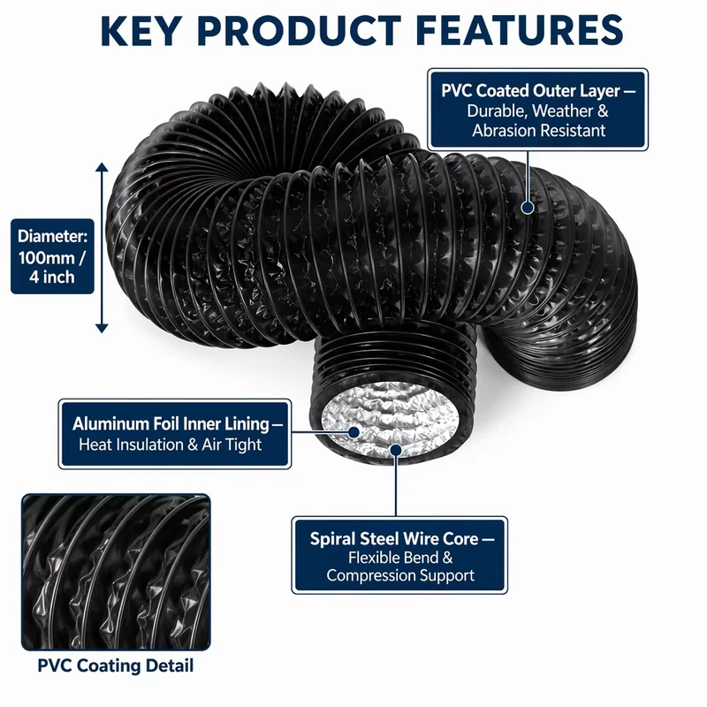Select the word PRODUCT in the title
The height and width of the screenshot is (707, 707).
coord(299,31)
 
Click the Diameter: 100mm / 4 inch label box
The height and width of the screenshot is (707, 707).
coord(52,256)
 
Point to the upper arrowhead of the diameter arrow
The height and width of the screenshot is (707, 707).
coord(102,167)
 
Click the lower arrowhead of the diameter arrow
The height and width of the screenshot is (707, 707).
coord(102,328)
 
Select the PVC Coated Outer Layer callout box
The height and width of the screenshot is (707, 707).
coord(537,110)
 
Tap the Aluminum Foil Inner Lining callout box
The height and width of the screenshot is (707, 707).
coord(175,434)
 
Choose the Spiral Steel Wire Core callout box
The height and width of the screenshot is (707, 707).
coord(399,555)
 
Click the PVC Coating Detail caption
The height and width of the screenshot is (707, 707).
coord(116,665)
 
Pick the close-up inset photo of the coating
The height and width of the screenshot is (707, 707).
coord(116,572)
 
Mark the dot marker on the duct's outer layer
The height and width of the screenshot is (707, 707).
coord(528,208)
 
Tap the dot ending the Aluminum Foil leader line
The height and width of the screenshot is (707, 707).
coord(354,432)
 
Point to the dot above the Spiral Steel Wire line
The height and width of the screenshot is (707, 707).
coord(396,450)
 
